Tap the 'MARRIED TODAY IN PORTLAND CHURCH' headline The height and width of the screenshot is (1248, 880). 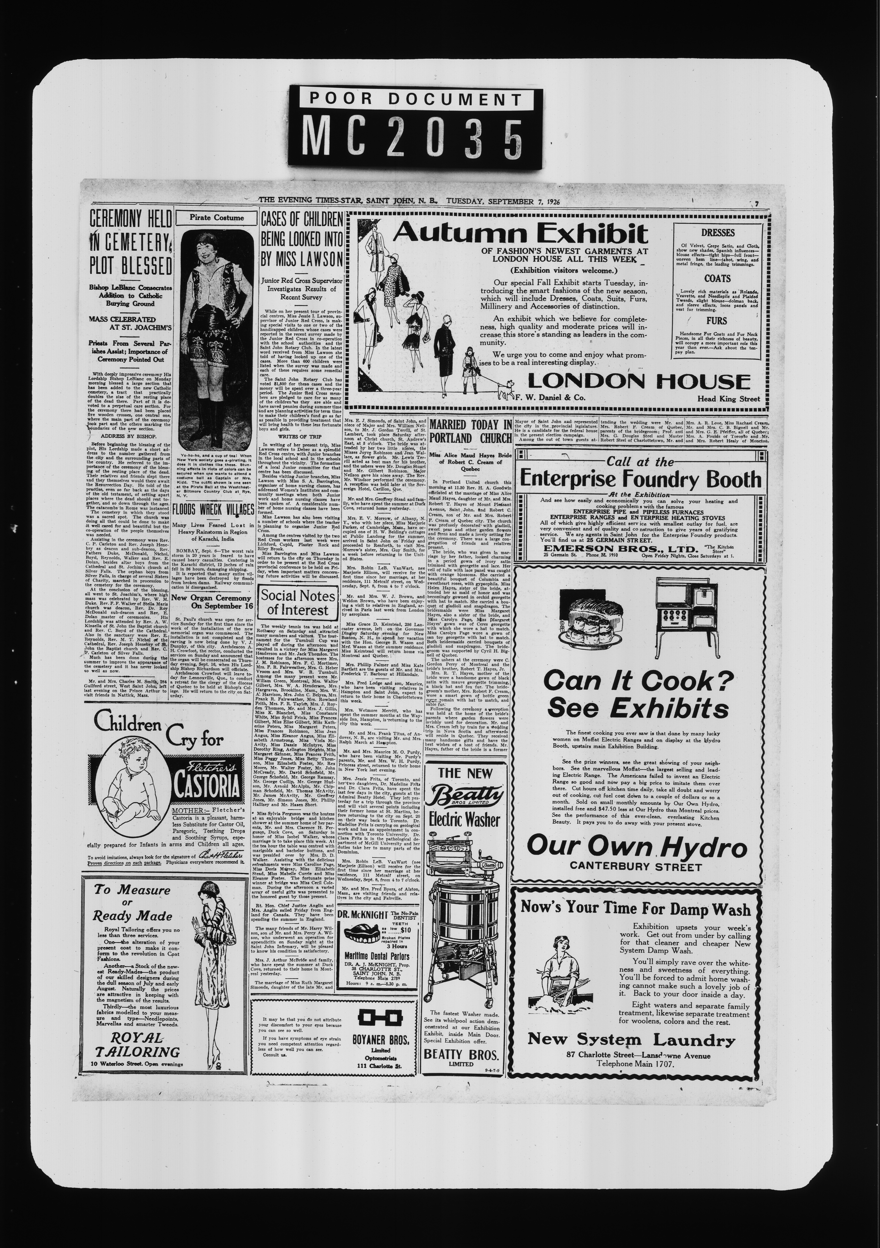470,431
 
